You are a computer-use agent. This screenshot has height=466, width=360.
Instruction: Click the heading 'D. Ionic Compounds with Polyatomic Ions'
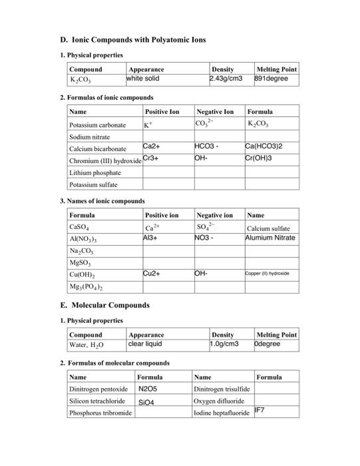click(132, 40)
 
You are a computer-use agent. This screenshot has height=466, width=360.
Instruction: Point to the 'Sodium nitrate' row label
click(90, 136)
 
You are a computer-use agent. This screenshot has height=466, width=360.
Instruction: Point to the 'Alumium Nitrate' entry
click(270, 237)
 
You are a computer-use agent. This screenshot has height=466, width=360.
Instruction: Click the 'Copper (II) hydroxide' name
click(268, 274)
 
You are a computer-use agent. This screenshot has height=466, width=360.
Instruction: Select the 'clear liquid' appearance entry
click(144, 344)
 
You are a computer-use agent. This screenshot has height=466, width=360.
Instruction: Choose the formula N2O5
click(148, 388)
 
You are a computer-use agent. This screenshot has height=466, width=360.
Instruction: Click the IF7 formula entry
click(260, 410)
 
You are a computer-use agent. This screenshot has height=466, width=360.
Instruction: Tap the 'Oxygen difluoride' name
click(221, 401)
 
